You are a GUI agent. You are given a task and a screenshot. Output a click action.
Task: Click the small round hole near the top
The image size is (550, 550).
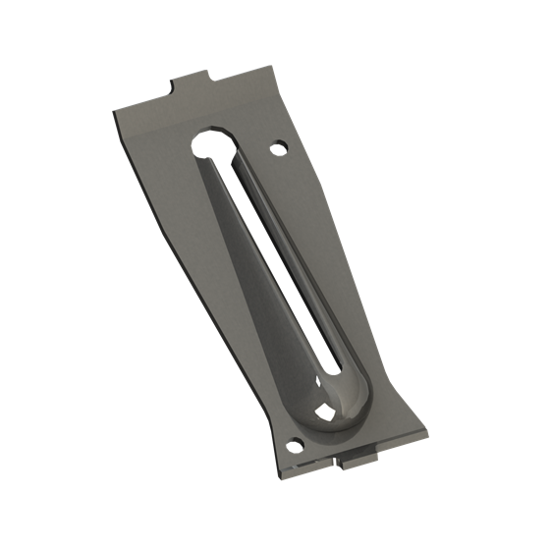[x=278, y=148]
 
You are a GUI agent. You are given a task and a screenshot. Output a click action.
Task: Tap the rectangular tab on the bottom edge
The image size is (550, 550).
[x=358, y=453]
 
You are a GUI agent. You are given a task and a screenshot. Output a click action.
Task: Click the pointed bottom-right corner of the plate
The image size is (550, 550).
[x=427, y=429]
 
